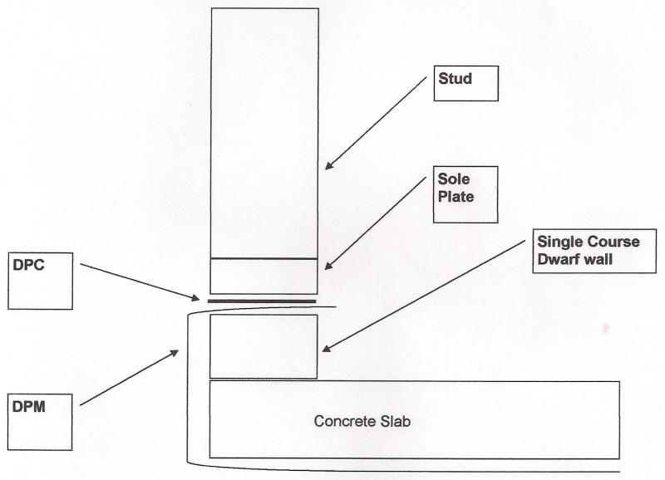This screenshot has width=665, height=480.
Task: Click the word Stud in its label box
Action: tap(455, 78)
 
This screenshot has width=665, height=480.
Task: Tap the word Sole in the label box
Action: tap(453, 179)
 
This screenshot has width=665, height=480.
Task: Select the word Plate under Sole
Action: tap(456, 197)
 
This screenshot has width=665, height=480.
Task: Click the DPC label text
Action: tap(28, 265)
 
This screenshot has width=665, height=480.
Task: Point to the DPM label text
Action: tap(29, 407)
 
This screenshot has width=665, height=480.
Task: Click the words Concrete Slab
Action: tap(362, 421)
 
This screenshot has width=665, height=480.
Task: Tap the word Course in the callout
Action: tap(613, 242)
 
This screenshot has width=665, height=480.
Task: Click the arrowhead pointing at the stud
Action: tap(329, 165)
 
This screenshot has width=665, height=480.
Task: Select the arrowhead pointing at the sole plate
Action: tap(329, 265)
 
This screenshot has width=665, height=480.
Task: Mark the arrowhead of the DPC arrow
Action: tap(195, 298)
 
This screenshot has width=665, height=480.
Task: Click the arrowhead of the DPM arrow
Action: tap(175, 353)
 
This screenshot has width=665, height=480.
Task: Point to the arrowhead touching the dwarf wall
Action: tap(326, 348)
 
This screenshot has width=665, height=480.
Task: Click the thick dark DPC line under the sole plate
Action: tap(262, 301)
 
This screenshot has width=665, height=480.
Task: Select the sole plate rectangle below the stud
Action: tap(264, 277)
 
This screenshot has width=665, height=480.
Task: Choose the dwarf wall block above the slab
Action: tap(264, 346)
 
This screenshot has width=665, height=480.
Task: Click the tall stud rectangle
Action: tap(264, 133)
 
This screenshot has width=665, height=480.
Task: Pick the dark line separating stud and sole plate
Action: tap(264, 258)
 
